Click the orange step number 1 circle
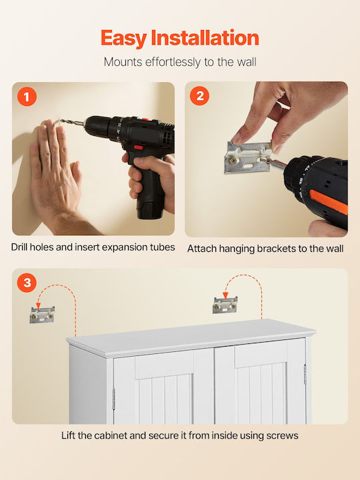click(27, 97)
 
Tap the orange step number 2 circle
click(199, 96)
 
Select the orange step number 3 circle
click(27, 283)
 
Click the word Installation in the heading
click(205, 38)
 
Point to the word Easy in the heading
click(124, 39)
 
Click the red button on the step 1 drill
click(139, 147)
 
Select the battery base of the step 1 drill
click(150, 210)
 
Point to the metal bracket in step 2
click(248, 157)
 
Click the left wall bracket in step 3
click(42, 315)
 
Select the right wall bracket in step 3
click(225, 305)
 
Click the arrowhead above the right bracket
click(225, 295)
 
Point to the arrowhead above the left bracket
click(38, 305)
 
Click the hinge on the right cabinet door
click(305, 374)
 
